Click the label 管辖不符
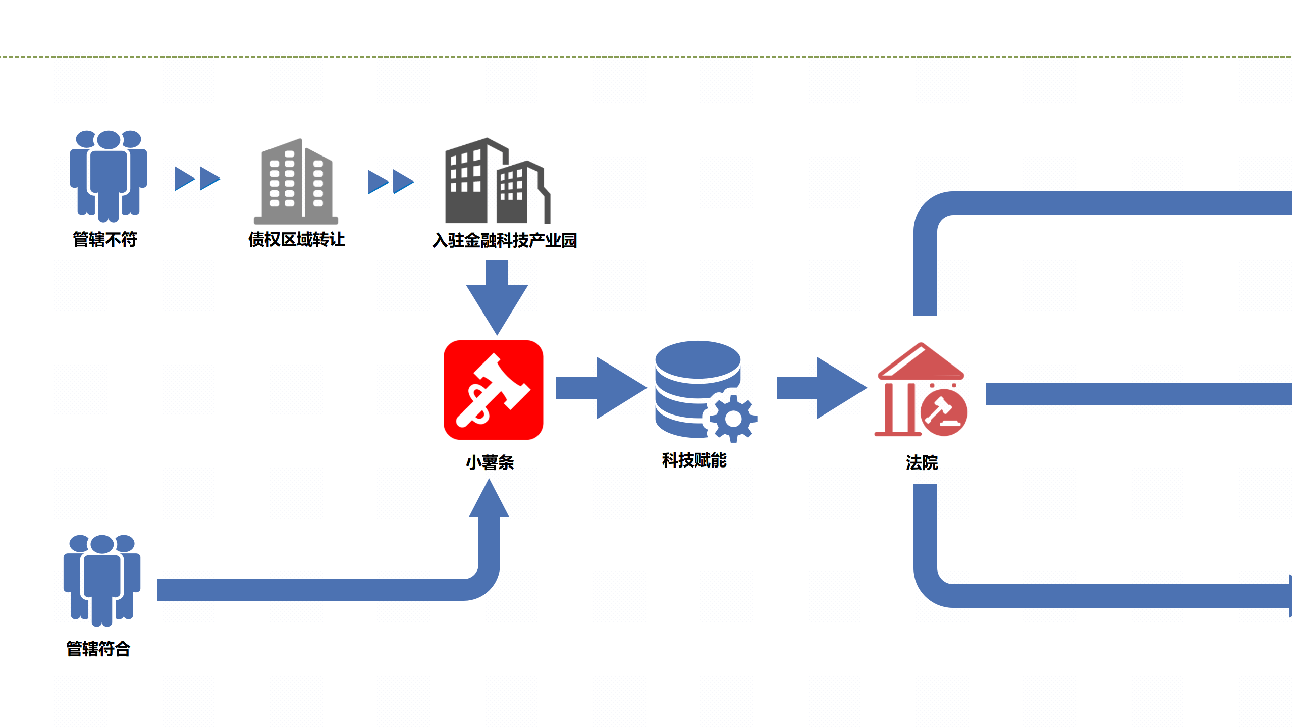coord(105,239)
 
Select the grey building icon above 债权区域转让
coord(296,182)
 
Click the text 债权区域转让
coord(297,239)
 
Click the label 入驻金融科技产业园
coord(505,240)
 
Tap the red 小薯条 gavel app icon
coord(493,390)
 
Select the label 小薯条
coord(490,462)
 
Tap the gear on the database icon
coord(733,418)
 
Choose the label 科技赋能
coord(694,460)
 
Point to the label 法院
coord(922,462)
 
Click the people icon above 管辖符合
coord(102,580)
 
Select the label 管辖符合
coord(98,649)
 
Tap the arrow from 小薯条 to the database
coord(601,388)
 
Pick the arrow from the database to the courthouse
coord(821,388)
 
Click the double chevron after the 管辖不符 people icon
coord(197,179)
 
